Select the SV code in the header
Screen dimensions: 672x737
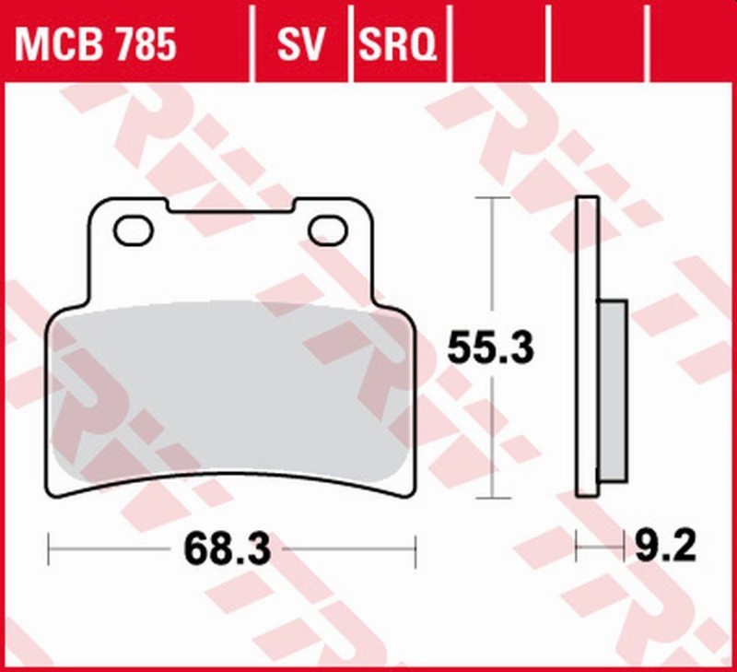(301, 43)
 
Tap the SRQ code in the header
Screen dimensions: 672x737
(397, 43)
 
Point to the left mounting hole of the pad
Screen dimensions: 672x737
(134, 230)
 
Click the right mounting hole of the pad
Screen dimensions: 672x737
(327, 230)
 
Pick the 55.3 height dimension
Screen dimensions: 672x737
(491, 348)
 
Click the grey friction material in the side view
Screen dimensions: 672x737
(613, 391)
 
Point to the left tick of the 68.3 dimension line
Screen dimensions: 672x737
(48, 550)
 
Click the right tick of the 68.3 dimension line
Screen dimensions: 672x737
(416, 550)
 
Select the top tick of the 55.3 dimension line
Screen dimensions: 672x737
(493, 198)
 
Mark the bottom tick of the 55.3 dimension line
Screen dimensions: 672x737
(493, 499)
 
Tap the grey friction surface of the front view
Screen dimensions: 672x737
(230, 396)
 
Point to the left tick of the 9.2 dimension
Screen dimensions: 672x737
(577, 550)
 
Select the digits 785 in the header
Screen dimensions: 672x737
(143, 43)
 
